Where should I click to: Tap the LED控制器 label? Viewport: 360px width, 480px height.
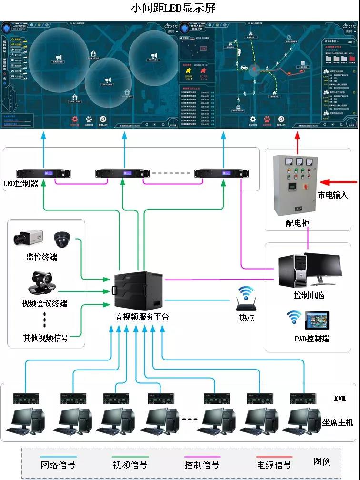(20, 183)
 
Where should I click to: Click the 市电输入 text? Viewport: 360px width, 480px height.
(333, 195)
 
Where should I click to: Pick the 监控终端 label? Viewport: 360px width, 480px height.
(41, 257)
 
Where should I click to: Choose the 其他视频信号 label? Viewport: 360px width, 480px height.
(45, 338)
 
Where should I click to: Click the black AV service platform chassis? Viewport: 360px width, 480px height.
(137, 291)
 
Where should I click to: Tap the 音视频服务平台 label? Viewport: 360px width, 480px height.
(142, 317)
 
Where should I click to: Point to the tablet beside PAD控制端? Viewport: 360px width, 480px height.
(317, 320)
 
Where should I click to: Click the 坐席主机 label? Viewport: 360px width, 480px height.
(338, 422)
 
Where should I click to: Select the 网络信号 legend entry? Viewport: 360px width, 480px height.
(58, 464)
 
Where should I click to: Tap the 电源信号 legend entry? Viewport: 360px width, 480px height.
(274, 464)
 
